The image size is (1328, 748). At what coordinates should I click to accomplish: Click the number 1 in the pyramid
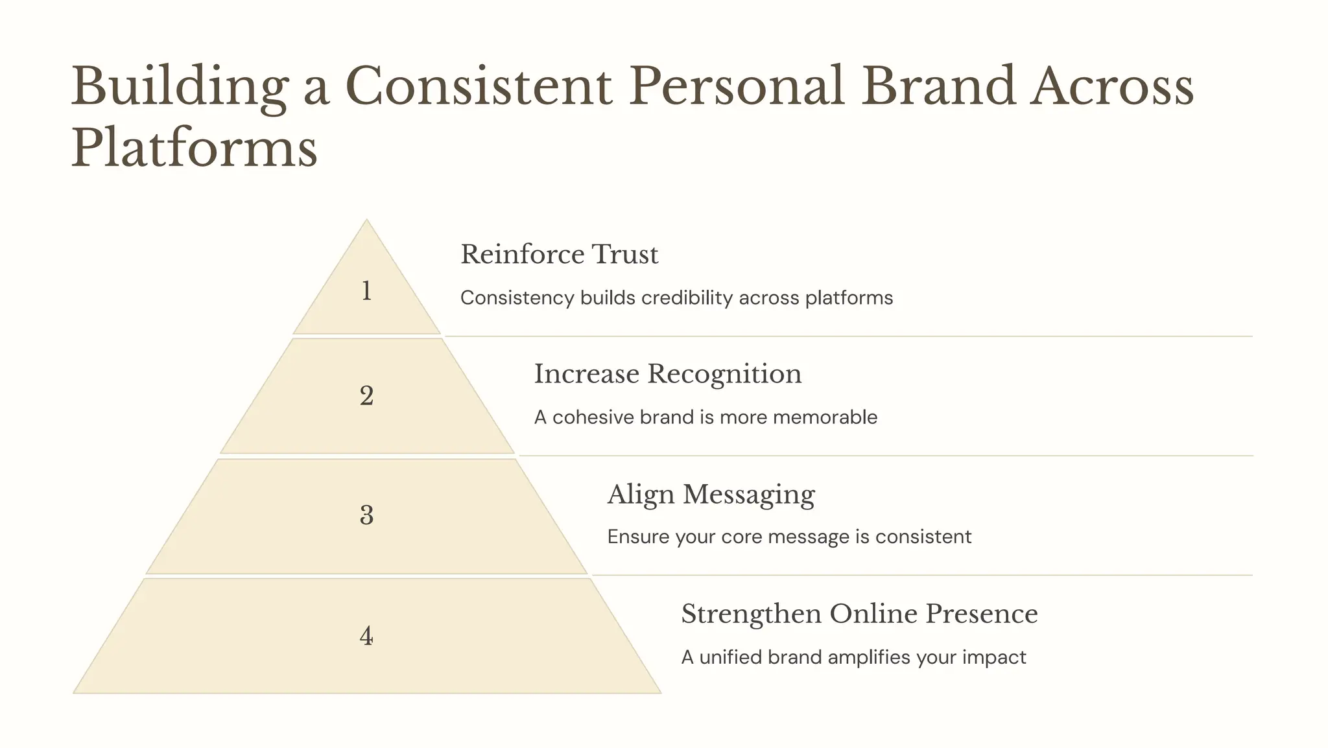pos(366,291)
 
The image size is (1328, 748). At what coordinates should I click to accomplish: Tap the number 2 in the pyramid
pos(366,396)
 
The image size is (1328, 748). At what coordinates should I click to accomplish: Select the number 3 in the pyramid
pos(366,515)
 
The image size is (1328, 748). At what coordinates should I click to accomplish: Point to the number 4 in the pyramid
pos(366,636)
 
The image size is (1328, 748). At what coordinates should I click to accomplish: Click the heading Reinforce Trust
pos(559,254)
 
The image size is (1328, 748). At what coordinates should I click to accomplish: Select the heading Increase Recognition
pos(668,374)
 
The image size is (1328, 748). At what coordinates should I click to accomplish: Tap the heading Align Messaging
pos(711,495)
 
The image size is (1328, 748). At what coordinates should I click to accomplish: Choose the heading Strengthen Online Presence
pos(859,614)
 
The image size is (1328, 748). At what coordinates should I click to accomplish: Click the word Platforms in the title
pos(194,148)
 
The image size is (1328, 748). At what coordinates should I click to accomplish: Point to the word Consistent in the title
pos(479,86)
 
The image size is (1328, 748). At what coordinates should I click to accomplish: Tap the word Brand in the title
pos(938,86)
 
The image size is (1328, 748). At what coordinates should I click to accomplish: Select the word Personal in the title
pos(737,86)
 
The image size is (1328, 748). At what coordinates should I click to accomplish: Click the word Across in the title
pos(1112,86)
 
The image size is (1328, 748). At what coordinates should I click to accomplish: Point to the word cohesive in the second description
pos(593,417)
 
